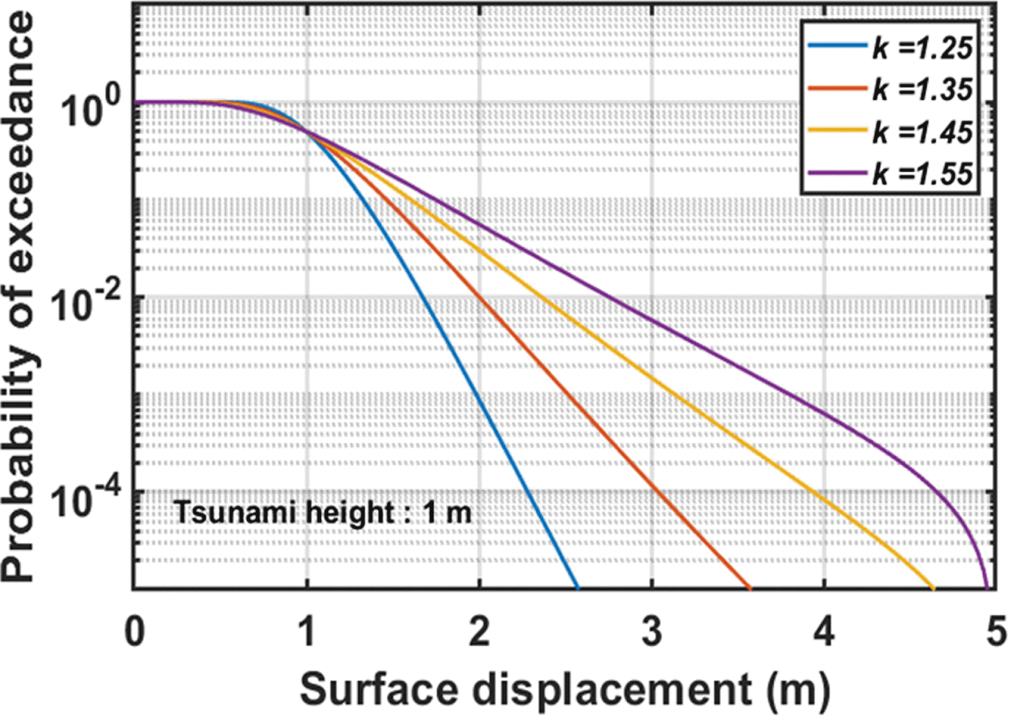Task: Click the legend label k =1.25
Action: tap(922, 48)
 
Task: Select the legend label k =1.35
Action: tap(922, 89)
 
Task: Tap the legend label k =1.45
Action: tap(922, 131)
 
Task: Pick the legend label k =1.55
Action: tap(922, 173)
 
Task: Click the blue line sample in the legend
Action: tap(837, 46)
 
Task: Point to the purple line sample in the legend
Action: tap(837, 172)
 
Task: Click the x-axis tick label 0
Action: tap(134, 633)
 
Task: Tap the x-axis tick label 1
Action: tap(308, 633)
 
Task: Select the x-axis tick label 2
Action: tap(480, 633)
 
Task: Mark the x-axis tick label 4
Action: tap(825, 633)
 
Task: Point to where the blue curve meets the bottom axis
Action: tap(578, 588)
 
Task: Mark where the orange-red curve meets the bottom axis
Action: tap(750, 588)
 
